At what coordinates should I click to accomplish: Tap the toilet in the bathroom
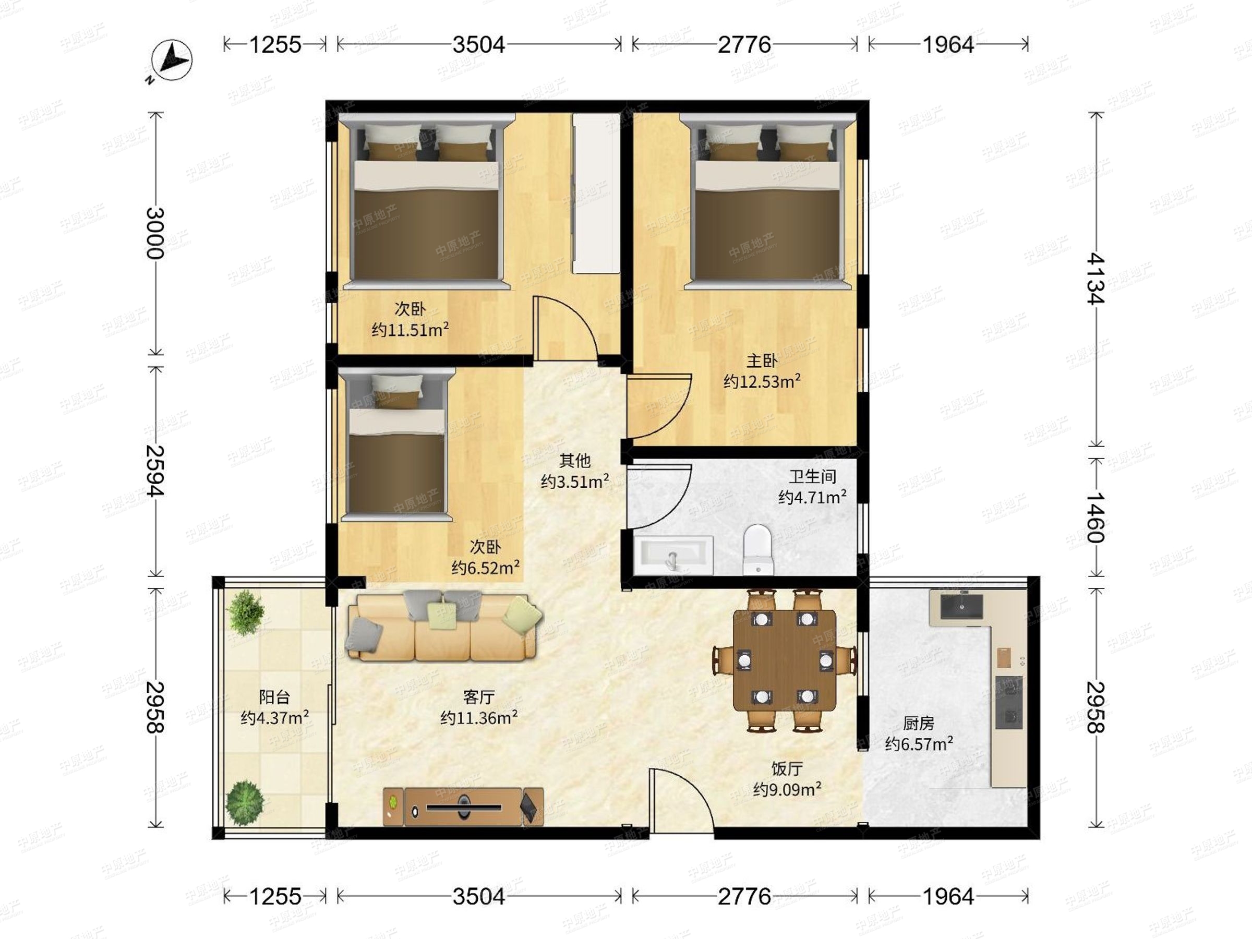(x=757, y=549)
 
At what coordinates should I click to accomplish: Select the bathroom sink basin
(x=673, y=555)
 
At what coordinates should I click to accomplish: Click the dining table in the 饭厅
(x=785, y=660)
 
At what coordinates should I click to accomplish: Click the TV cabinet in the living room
(x=463, y=806)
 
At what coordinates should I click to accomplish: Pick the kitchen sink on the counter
(x=961, y=606)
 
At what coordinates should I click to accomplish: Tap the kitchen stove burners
(x=1008, y=702)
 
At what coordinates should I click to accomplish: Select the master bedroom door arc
(x=659, y=406)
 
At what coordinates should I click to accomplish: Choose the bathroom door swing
(x=659, y=497)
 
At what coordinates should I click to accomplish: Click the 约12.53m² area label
(x=762, y=381)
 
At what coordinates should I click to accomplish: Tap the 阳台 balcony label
(x=274, y=697)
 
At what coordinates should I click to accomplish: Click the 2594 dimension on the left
(x=154, y=471)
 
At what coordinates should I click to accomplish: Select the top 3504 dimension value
(x=479, y=44)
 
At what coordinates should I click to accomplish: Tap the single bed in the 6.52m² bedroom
(x=396, y=445)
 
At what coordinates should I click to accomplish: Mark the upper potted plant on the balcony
(x=245, y=611)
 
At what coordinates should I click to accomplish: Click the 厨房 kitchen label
(x=919, y=723)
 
